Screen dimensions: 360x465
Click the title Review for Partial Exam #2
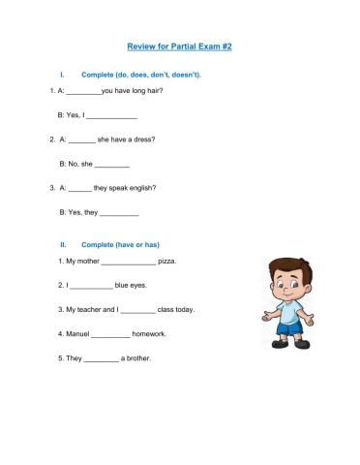point(180,46)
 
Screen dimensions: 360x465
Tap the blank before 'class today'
point(138,311)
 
